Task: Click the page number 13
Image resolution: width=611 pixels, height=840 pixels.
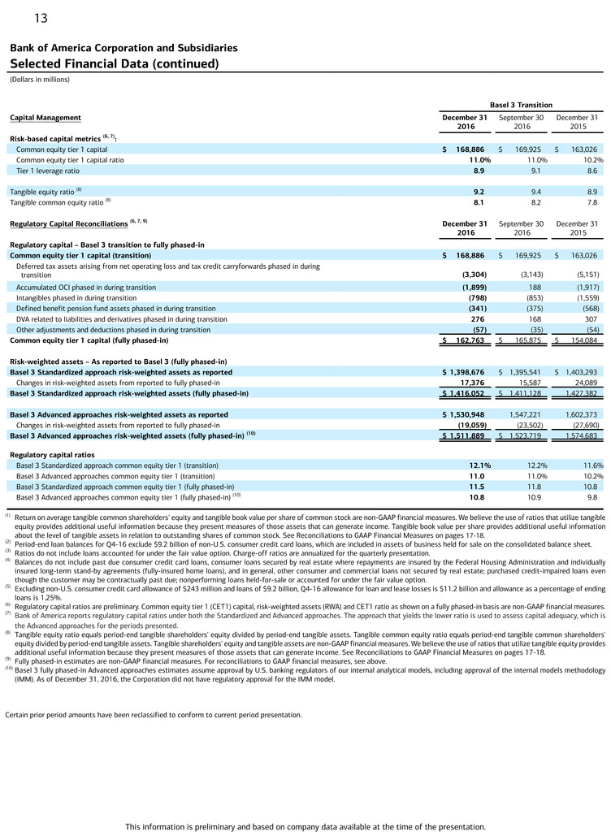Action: coord(41,19)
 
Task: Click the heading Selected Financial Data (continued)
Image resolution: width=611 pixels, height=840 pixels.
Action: coord(115,63)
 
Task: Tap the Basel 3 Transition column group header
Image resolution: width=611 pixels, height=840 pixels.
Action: coord(520,105)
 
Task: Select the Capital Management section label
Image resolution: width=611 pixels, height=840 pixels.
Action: coord(45,118)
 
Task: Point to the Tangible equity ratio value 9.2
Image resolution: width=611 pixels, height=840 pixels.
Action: coord(479,192)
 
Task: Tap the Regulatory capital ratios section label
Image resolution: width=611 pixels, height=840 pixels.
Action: coord(52,454)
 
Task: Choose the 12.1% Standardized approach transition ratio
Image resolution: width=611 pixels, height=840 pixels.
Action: coord(474,465)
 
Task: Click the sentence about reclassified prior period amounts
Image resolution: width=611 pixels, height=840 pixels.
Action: coord(153,715)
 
